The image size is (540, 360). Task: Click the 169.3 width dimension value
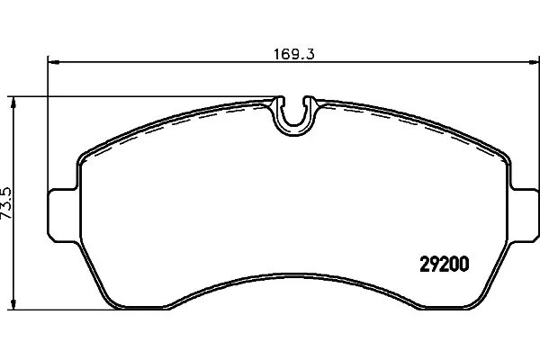pyautogui.click(x=293, y=55)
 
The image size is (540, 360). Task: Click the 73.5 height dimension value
pyautogui.click(x=6, y=202)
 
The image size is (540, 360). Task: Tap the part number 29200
pyautogui.click(x=445, y=265)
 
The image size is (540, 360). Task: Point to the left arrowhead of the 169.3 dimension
pyautogui.click(x=53, y=62)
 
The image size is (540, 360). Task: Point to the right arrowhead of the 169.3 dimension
pyautogui.click(x=534, y=62)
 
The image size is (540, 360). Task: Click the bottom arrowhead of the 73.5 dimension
pyautogui.click(x=13, y=303)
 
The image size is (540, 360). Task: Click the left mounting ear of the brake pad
pyautogui.click(x=63, y=214)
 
